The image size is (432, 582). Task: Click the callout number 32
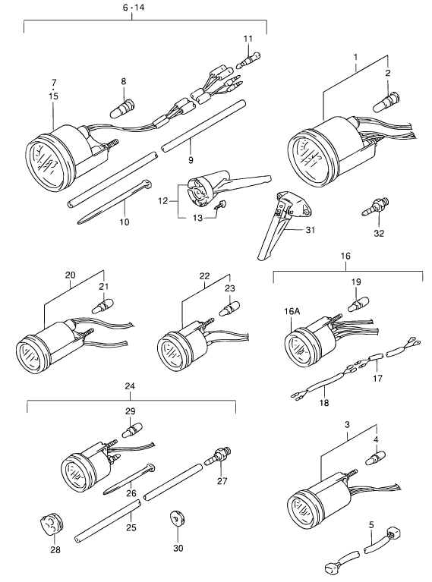coord(379,233)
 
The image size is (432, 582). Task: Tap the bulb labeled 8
coord(123,109)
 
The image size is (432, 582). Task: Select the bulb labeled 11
coord(248,61)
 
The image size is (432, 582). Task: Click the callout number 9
coord(191,160)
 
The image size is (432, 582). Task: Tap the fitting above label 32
coord(375,206)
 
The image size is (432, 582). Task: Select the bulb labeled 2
coord(386,101)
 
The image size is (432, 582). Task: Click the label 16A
coord(292,311)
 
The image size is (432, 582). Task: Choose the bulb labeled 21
coord(103,307)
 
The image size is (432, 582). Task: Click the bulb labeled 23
coord(229,308)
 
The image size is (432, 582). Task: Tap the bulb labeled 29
coord(132,430)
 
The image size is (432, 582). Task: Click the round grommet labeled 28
coord(52,524)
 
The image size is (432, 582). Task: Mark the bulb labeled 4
coord(376,458)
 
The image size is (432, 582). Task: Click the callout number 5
coord(371,525)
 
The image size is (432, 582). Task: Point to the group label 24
coord(130,386)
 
